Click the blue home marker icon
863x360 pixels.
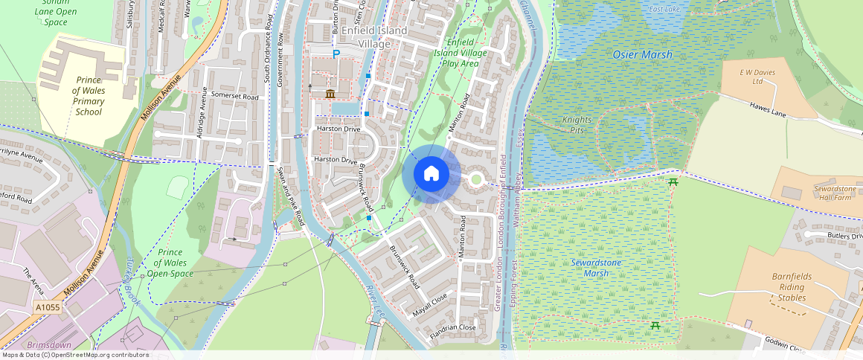(x=431, y=174)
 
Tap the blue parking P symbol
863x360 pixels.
(x=336, y=54)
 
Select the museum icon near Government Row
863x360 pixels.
(x=330, y=93)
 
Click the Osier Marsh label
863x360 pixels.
(x=642, y=55)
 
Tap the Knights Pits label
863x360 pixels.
(x=577, y=125)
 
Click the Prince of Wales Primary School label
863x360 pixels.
(x=89, y=96)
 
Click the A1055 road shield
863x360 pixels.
(x=47, y=306)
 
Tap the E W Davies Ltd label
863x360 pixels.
(x=752, y=77)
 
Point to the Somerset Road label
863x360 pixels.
(x=234, y=97)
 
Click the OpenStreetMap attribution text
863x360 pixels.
(x=75, y=355)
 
